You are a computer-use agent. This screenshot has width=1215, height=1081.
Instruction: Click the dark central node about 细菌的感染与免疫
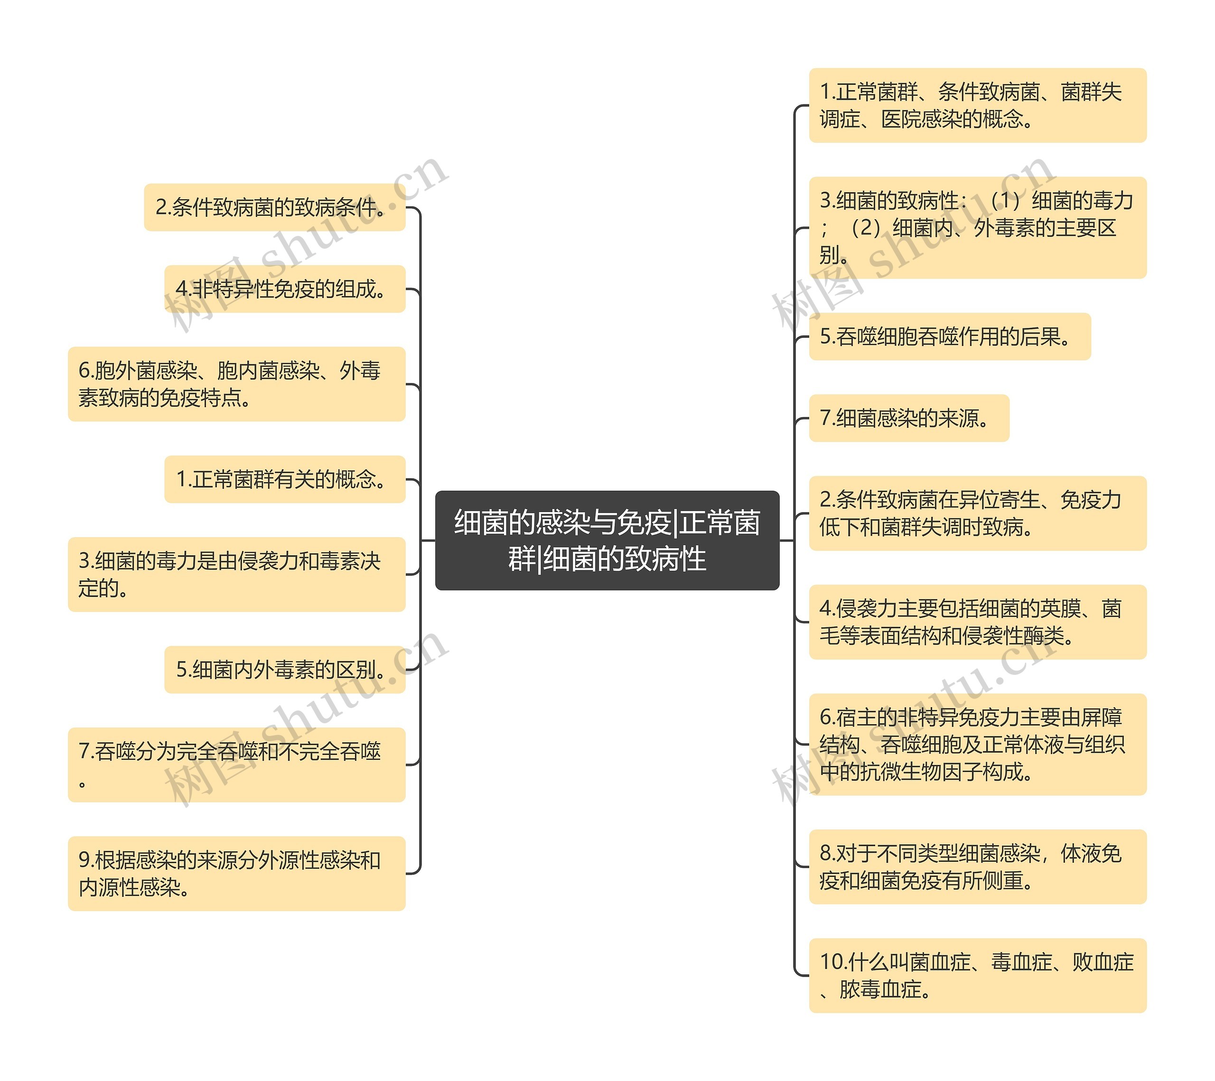(x=607, y=540)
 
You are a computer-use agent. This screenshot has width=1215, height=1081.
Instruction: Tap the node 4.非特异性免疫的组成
(x=284, y=289)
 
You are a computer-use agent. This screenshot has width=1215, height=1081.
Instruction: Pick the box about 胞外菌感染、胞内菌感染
(x=236, y=384)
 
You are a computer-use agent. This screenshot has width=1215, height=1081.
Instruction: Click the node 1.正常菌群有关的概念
(x=284, y=479)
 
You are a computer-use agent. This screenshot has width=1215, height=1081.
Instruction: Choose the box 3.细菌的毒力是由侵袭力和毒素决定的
(x=236, y=574)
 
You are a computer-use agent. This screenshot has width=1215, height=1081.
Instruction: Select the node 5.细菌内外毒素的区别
(x=284, y=669)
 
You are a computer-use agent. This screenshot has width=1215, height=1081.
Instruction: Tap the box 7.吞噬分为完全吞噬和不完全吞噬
(x=236, y=764)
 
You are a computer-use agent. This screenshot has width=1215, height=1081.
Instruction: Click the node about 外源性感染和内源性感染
(x=236, y=873)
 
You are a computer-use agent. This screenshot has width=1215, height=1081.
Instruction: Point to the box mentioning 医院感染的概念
(x=977, y=106)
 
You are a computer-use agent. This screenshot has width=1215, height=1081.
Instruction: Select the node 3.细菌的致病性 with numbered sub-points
(x=977, y=228)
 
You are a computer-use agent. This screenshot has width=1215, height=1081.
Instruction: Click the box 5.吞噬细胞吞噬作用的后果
(x=949, y=336)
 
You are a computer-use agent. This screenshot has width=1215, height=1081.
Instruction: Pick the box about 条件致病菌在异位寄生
(x=977, y=513)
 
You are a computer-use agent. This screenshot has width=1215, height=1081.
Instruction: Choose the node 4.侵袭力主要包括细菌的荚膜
(x=977, y=622)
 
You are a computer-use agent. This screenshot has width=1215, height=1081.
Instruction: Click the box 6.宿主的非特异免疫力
(x=977, y=744)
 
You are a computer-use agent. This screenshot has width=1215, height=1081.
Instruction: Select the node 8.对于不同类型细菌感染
(x=977, y=867)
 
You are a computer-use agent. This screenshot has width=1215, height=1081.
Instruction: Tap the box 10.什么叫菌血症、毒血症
(x=977, y=975)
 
